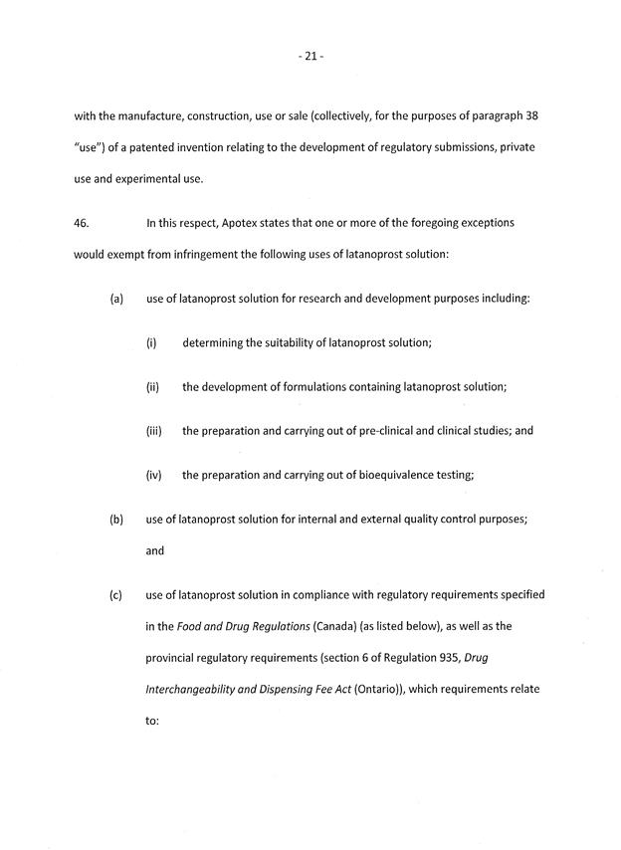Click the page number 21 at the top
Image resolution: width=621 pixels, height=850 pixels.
point(310,57)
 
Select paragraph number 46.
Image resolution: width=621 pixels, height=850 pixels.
point(82,224)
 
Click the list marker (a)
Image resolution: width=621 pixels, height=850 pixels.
point(116,298)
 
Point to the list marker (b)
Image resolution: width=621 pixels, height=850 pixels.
point(116,519)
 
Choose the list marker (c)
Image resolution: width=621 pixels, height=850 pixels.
point(116,595)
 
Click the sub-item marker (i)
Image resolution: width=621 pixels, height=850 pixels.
point(152,342)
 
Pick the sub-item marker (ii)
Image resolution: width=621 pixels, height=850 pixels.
point(153,387)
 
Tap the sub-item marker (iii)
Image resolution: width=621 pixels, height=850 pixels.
point(154,431)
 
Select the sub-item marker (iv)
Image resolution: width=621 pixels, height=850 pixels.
point(154,475)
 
